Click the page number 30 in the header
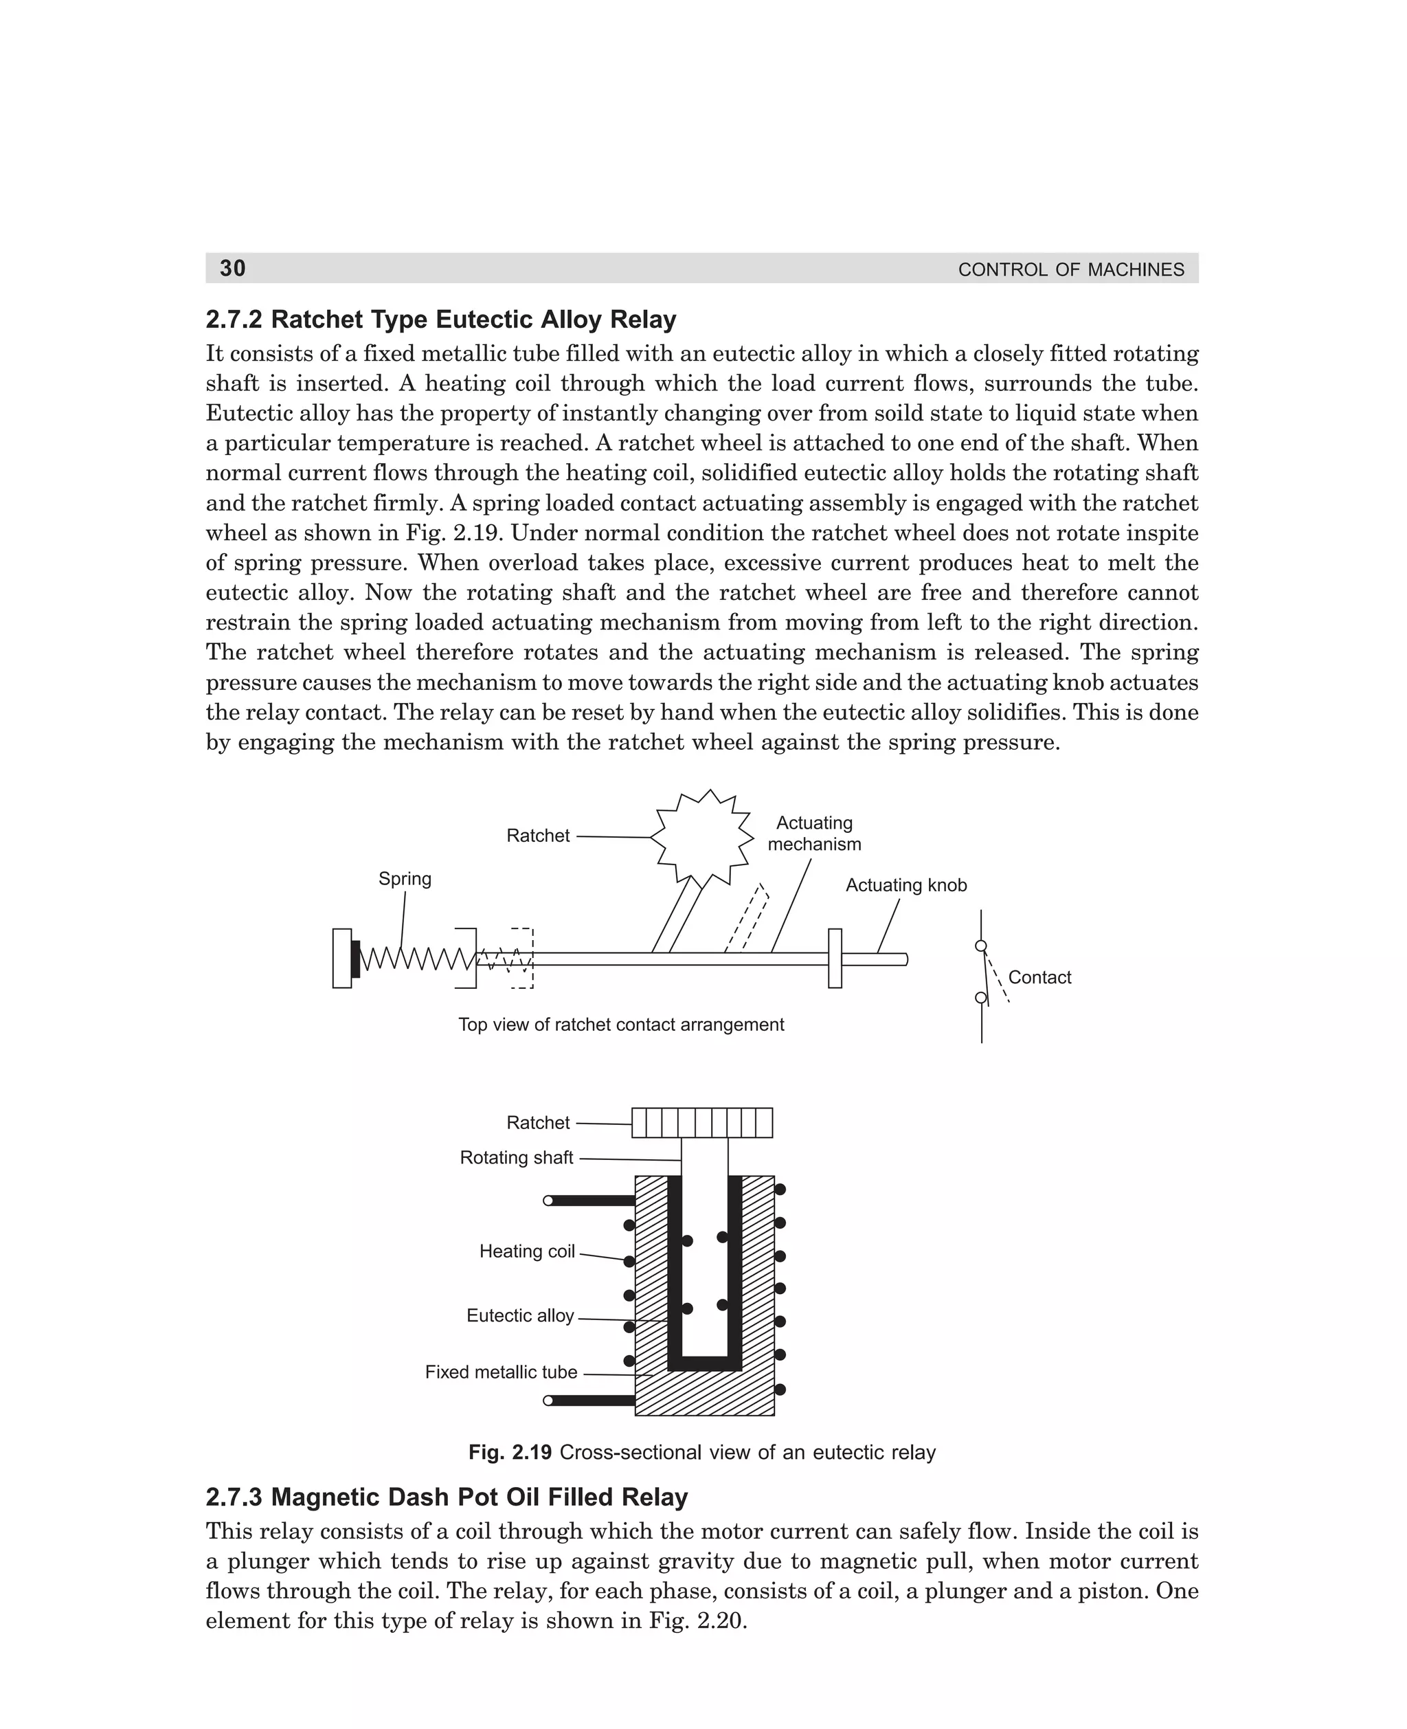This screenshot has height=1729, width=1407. point(233,268)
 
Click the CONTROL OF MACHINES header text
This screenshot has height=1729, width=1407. point(1070,270)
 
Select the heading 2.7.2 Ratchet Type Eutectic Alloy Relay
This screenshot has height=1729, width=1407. point(440,320)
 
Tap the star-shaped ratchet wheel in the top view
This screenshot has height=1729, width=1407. point(703,837)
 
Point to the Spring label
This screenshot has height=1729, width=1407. point(405,879)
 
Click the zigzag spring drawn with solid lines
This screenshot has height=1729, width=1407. point(415,959)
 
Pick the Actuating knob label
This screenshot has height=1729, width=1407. point(905,885)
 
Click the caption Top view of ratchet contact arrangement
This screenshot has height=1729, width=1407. point(621,1025)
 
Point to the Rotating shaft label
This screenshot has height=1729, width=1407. point(516,1157)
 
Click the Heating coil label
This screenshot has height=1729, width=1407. point(527,1251)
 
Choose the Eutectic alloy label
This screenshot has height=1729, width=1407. point(519,1315)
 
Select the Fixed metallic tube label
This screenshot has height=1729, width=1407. point(501,1372)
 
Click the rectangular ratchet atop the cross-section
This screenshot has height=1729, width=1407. point(702,1123)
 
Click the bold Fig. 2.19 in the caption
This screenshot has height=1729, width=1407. point(510,1452)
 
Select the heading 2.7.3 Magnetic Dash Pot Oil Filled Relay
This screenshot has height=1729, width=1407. point(447,1496)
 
